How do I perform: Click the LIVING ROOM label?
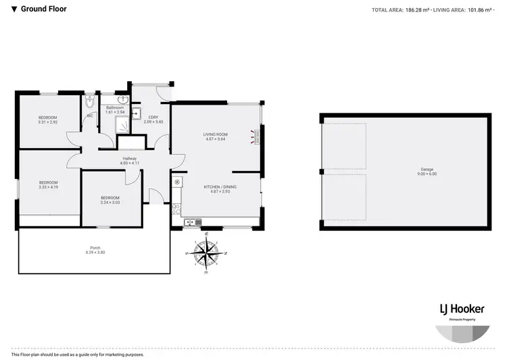tap(216, 134)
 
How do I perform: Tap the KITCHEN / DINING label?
tap(216, 186)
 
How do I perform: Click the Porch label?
tap(95, 248)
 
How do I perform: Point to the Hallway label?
tap(129, 158)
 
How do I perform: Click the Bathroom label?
tap(115, 108)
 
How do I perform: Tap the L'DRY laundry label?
tap(153, 117)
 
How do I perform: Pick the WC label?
tap(89, 115)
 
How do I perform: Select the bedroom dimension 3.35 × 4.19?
tap(48, 186)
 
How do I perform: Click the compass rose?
tap(207, 252)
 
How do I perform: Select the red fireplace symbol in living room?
tap(256, 138)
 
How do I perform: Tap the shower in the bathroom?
tap(122, 122)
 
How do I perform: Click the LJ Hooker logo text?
tap(450, 308)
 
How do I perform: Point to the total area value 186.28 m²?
tap(415, 9)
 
